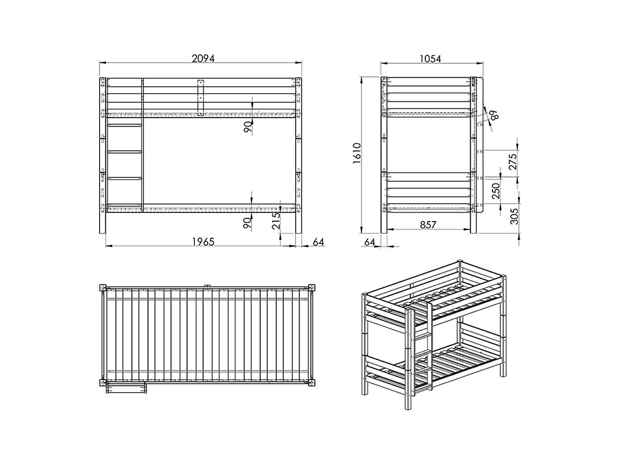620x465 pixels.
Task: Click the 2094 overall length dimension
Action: tap(203, 59)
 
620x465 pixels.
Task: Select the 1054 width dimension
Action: tap(430, 59)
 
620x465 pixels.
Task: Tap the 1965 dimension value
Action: tap(203, 242)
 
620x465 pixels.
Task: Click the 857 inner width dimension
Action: tap(427, 225)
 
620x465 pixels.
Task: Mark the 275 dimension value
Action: tap(512, 162)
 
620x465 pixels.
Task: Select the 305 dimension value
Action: tap(514, 216)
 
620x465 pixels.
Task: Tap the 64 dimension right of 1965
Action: tap(318, 242)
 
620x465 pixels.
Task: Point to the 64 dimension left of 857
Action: tap(369, 242)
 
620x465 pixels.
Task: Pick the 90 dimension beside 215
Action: tap(247, 222)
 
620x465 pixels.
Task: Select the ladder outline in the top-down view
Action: tap(126, 387)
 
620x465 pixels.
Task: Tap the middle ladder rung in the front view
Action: tap(125, 152)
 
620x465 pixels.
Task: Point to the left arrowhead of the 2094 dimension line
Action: tap(101, 63)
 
